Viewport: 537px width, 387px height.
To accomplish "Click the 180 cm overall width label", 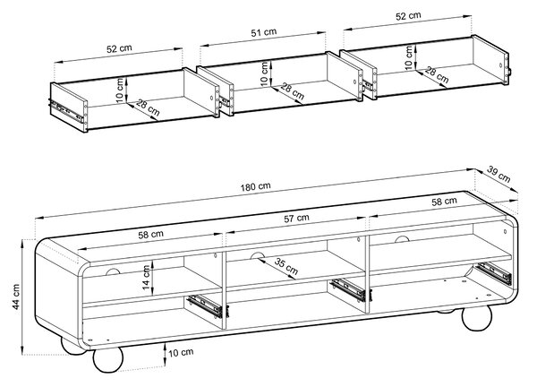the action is click(x=255, y=187).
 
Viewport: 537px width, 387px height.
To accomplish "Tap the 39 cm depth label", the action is click(x=499, y=175).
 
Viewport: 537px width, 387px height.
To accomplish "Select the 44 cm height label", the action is click(x=16, y=297).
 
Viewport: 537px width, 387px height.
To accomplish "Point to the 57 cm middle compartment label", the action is click(x=296, y=218).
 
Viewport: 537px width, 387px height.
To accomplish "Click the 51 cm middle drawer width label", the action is click(x=264, y=32).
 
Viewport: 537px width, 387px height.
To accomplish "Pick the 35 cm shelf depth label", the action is click(x=286, y=267).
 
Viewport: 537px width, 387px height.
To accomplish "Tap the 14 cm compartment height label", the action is click(x=147, y=278).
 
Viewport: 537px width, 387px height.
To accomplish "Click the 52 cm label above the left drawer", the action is click(x=119, y=48).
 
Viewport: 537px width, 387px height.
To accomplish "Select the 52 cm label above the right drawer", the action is click(x=408, y=16).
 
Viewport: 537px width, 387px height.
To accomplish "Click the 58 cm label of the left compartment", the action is click(x=150, y=235).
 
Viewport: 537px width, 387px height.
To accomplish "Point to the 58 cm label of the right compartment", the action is click(x=444, y=202).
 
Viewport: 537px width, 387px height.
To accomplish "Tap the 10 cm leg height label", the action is click(x=181, y=352).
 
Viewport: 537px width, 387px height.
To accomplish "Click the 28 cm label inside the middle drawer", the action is click(x=292, y=91).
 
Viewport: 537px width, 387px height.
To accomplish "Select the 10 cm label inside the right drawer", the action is click(x=409, y=57).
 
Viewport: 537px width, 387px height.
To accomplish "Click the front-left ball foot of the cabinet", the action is click(x=107, y=359).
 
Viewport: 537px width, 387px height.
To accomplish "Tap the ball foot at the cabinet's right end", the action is click(x=477, y=318).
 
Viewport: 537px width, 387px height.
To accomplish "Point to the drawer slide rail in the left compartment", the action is click(x=206, y=305).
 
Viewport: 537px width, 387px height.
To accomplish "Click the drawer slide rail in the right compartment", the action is click(x=493, y=273).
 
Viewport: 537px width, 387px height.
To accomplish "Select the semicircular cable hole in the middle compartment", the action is click(x=257, y=255).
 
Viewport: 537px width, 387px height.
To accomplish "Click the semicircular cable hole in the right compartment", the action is click(x=402, y=239).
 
